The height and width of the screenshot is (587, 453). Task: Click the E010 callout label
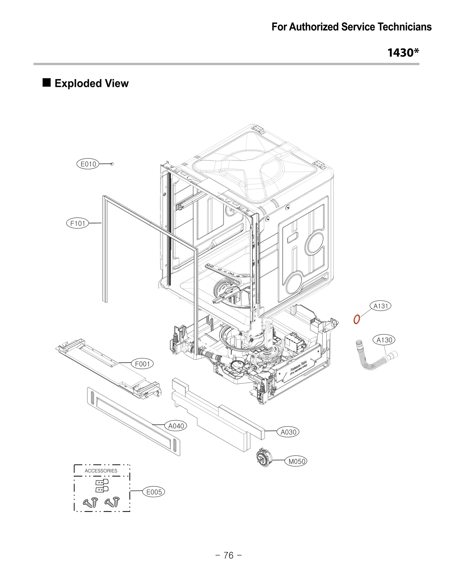coord(88,164)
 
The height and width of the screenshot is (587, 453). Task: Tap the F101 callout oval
coord(78,223)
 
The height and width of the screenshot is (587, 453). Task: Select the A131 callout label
coord(381,306)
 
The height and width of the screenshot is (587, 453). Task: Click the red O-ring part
coord(357,319)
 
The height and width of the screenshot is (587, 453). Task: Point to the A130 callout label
coord(384,340)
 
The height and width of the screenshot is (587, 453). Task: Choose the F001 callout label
coord(142,364)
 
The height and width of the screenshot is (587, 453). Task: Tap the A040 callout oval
coord(176,426)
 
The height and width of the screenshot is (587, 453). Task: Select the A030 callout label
coord(288,432)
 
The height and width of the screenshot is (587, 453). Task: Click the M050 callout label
coord(296,461)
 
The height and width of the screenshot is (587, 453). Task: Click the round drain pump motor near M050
coord(264,457)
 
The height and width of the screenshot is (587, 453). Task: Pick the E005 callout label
coord(154,492)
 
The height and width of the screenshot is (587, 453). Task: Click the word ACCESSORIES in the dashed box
coord(101,471)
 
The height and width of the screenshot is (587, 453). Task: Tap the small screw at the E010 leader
coord(112,164)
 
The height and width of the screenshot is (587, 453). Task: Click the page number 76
coord(228,555)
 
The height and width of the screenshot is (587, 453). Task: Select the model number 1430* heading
coord(403,53)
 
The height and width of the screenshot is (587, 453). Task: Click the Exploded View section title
coord(91,83)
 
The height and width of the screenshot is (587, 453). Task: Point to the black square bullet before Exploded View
coord(47,83)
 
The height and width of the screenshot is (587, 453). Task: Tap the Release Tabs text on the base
coord(298,366)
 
